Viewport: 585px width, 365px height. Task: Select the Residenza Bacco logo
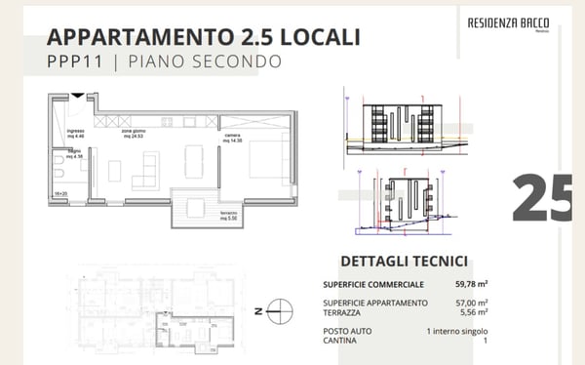click(507, 22)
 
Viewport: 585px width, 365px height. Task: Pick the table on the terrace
click(195, 207)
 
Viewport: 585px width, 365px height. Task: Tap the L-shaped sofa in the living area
click(144, 170)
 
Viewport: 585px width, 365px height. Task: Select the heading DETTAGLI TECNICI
click(403, 262)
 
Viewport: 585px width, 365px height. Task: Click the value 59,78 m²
click(470, 284)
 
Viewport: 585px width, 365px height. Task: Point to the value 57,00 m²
click(470, 303)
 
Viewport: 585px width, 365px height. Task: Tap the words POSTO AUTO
click(349, 331)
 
